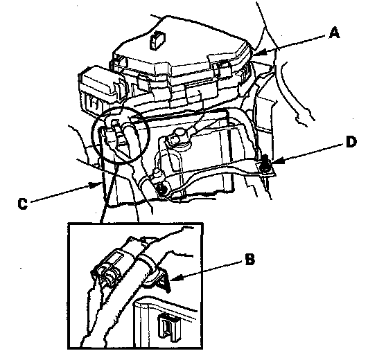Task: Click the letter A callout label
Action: [334, 33]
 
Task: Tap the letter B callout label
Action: [250, 259]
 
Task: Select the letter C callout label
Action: [23, 204]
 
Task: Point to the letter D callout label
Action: [351, 141]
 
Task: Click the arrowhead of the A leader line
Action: [260, 53]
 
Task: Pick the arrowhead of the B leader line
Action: [176, 278]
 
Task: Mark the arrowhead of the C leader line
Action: [95, 185]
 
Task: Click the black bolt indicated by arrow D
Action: [265, 163]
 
